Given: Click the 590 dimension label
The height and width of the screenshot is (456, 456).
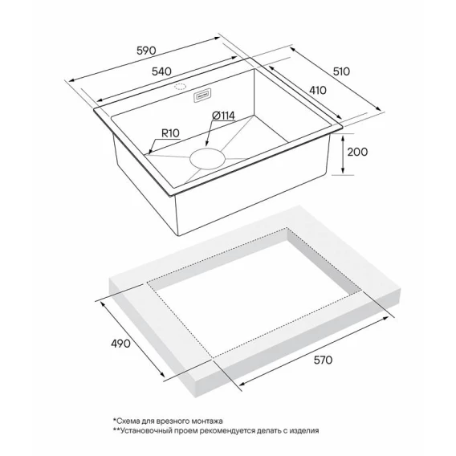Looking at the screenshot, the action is tap(146, 51).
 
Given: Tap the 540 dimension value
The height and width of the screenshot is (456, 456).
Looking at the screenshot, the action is tap(161, 71).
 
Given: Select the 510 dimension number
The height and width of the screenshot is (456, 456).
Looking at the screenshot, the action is tap(341, 71).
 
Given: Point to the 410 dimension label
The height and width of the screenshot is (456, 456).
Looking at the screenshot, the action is tap(318, 91).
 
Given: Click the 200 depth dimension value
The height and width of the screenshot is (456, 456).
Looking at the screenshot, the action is tap(357, 152).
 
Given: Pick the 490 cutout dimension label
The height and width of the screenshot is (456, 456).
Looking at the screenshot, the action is tap(120, 344).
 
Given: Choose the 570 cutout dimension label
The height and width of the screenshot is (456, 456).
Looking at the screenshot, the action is tap(323, 360).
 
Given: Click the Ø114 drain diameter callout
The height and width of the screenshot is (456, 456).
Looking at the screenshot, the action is tap(223, 116).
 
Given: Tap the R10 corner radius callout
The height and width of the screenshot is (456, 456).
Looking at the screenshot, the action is tap(170, 133).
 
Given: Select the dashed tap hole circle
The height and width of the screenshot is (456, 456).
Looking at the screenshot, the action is tap(180, 87).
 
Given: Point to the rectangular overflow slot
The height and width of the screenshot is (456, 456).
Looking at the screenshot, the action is tap(202, 96).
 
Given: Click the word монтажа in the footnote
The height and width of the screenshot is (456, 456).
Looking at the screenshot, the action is tap(207, 421).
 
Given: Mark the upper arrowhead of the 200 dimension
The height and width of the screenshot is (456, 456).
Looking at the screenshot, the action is tap(343, 137).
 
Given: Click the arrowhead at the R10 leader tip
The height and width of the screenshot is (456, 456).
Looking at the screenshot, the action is tap(149, 152).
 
